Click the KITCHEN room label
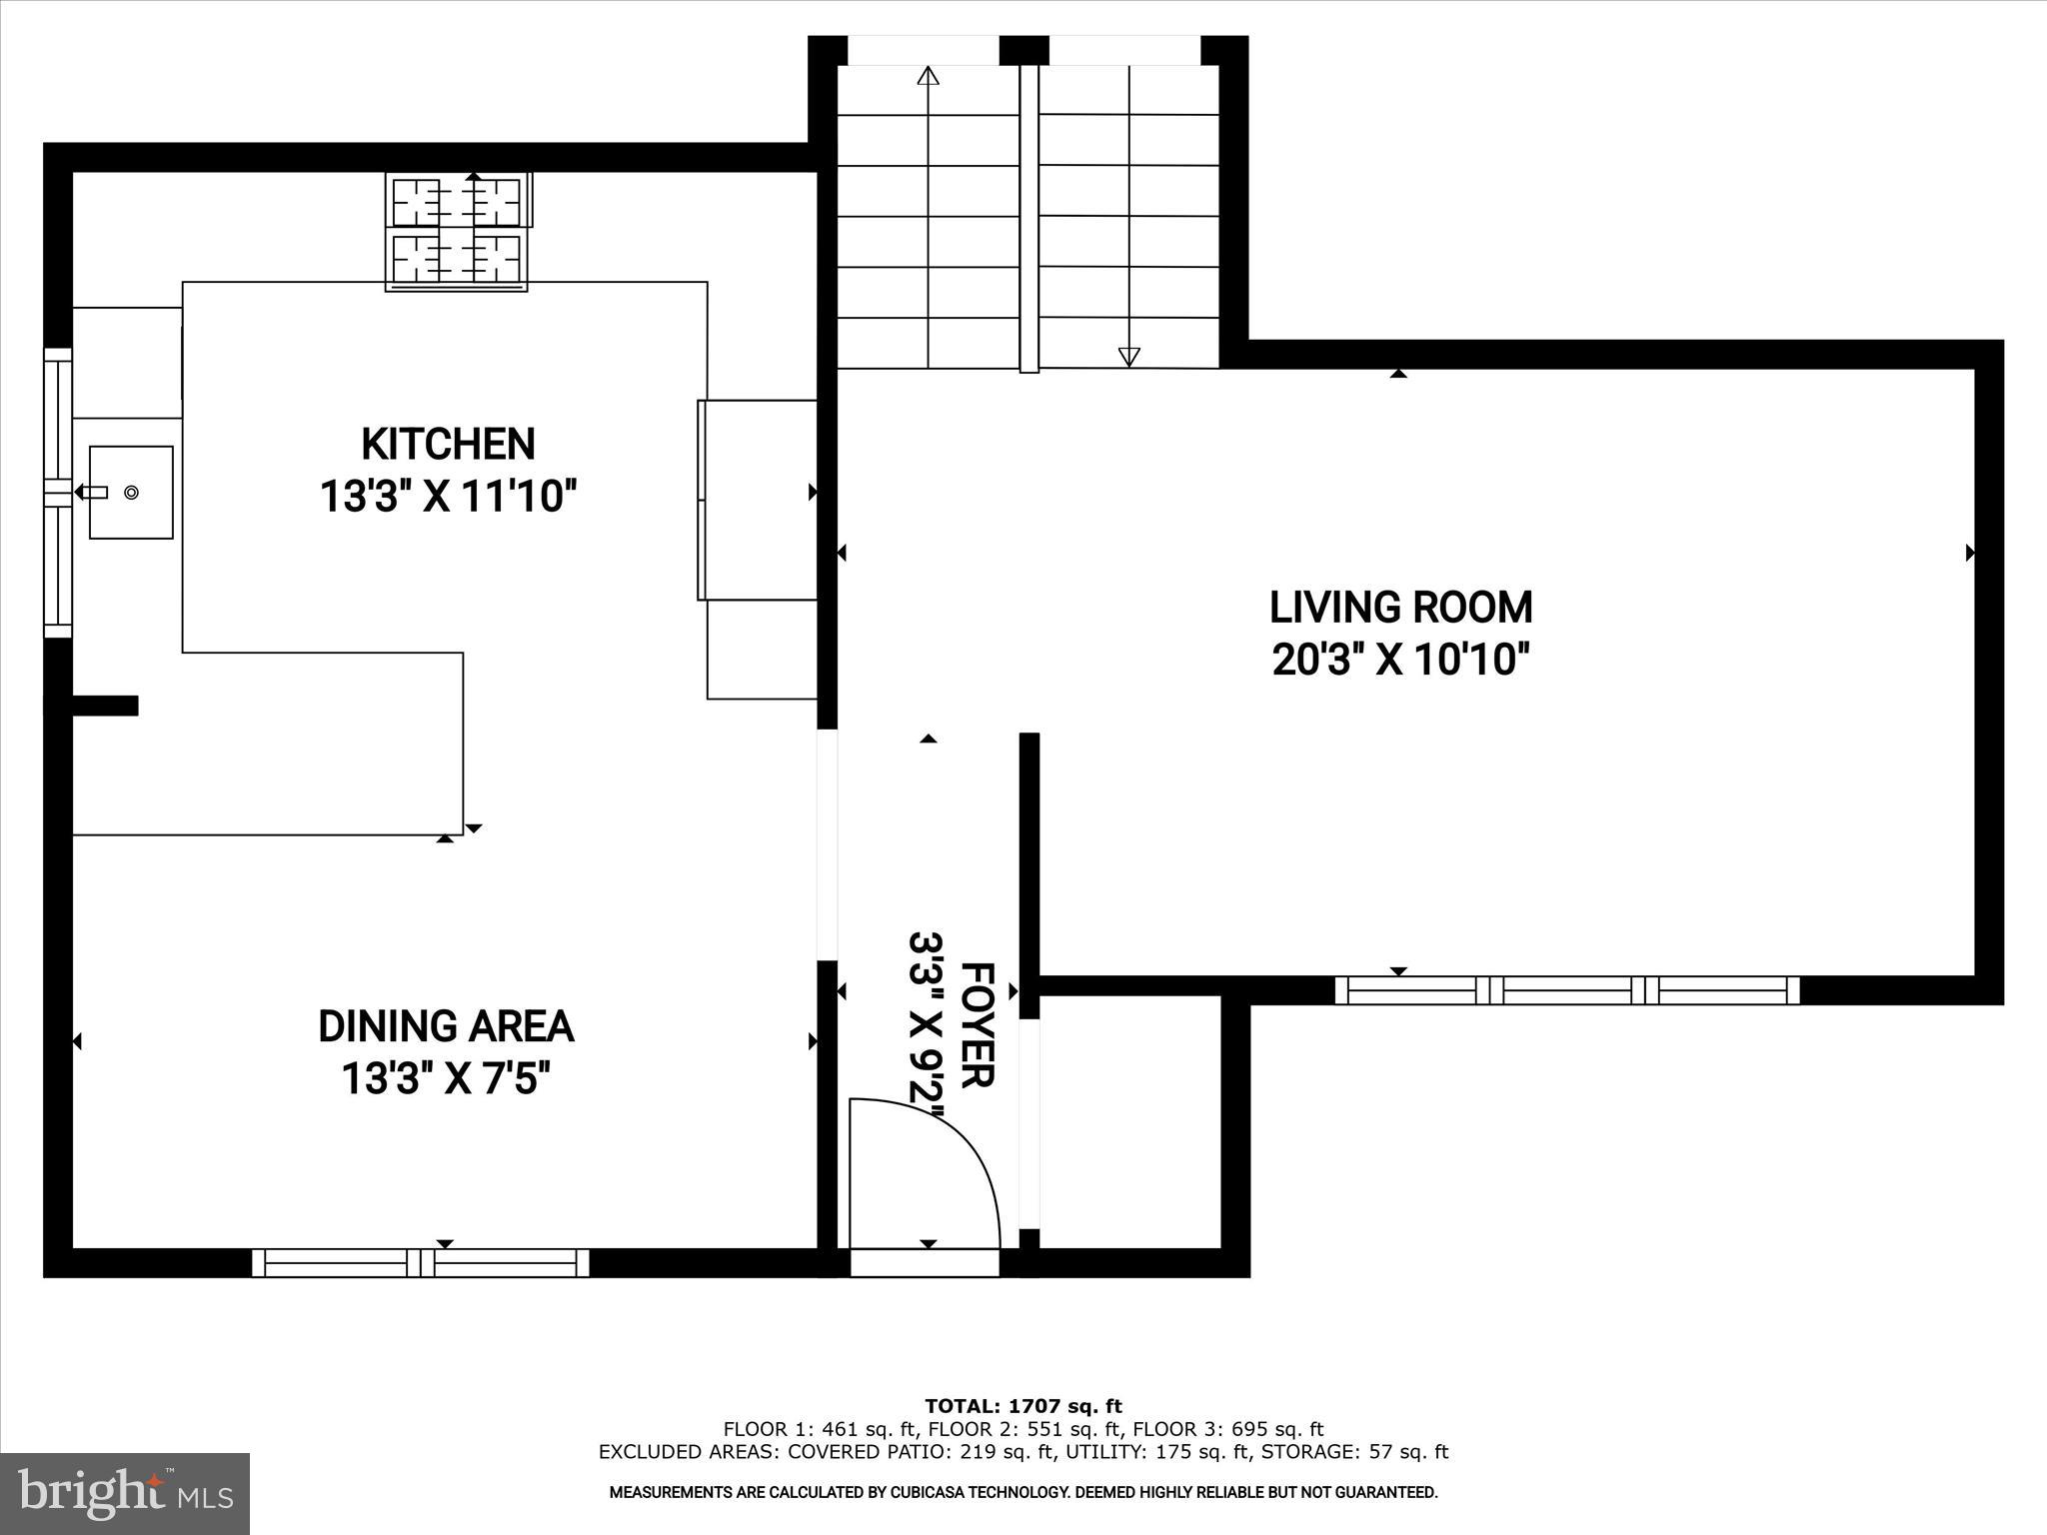(x=448, y=444)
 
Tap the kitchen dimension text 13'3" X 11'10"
(x=448, y=497)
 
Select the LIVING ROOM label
(x=1400, y=608)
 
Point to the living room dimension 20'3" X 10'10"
(x=1400, y=661)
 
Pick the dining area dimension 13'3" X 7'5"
(x=446, y=1079)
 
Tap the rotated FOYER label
(x=977, y=1024)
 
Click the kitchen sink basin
(x=131, y=493)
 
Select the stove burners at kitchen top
(x=458, y=231)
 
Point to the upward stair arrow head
(x=929, y=76)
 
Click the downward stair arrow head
(x=1128, y=356)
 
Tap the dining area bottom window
(x=420, y=1263)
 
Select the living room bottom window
(x=1566, y=990)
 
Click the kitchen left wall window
(x=58, y=493)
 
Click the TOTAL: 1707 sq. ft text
(x=1023, y=1407)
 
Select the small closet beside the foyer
(x=1129, y=1119)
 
